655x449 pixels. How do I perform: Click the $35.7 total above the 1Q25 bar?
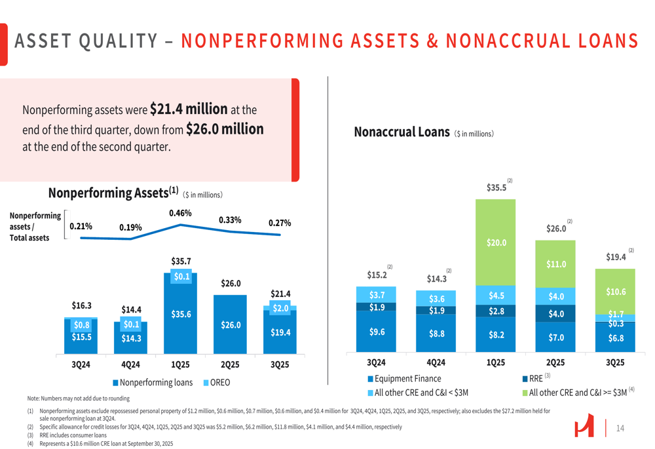(x=180, y=262)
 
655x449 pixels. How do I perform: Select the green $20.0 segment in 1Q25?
(x=496, y=242)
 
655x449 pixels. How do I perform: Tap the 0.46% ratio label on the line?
(x=180, y=213)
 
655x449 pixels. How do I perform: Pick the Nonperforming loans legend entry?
(x=153, y=382)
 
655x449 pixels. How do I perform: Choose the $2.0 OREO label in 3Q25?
(x=280, y=307)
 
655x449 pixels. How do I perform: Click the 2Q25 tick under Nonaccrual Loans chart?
(x=555, y=362)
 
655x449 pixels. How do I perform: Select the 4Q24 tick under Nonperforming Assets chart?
(x=130, y=364)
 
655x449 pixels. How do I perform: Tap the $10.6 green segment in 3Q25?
(x=616, y=292)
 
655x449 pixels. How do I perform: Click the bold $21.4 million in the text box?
(x=189, y=108)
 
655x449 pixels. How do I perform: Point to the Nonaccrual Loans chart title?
(x=402, y=132)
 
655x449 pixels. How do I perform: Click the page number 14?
(x=620, y=428)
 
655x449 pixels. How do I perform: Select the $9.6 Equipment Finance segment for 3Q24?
(x=377, y=332)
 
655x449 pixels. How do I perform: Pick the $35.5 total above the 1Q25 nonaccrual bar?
(x=496, y=187)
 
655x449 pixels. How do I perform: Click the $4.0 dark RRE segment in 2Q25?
(x=556, y=313)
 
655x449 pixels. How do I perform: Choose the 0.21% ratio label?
(x=81, y=227)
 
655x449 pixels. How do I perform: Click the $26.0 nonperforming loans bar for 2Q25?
(x=230, y=324)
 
